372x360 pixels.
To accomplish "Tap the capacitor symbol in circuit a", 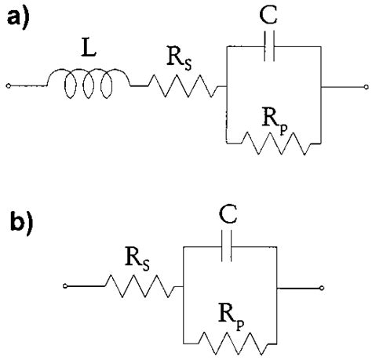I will coord(272,48).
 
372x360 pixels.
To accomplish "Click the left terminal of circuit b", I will coord(65,288).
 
